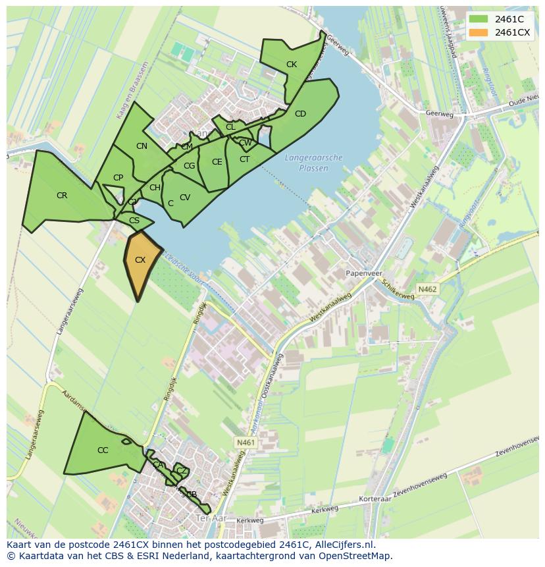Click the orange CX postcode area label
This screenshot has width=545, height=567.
point(140,260)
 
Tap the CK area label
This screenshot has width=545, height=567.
point(292,65)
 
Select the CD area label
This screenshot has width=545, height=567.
point(300,114)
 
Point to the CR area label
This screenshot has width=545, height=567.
point(62,196)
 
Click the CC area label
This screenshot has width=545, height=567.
point(103,450)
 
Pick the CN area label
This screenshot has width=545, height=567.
point(142,146)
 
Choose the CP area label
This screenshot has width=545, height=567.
point(118,178)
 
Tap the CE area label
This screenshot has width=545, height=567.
point(217,162)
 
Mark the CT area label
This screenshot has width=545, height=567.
point(244,159)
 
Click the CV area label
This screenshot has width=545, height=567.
point(185,198)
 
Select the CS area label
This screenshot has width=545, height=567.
point(134,221)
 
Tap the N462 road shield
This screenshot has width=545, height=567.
point(427,289)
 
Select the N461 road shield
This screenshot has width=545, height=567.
point(244,443)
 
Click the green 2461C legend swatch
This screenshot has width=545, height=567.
point(479,18)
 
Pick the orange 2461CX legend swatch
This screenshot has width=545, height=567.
point(479,32)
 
